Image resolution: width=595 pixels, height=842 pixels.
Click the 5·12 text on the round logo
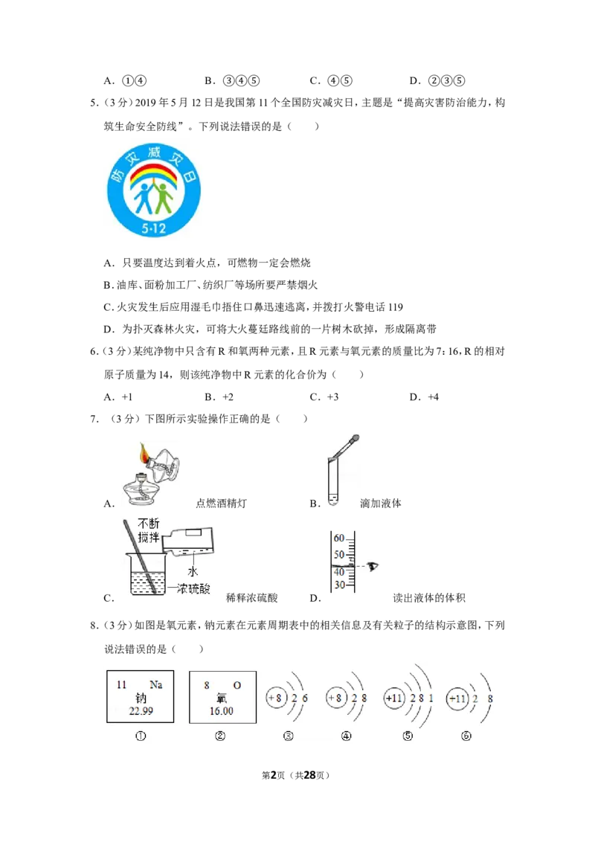pyautogui.click(x=153, y=228)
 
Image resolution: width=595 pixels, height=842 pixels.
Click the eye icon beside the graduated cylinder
pyautogui.click(x=372, y=566)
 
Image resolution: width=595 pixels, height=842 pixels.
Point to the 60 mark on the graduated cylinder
pyautogui.click(x=339, y=538)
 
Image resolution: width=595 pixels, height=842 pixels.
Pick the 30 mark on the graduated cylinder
pyautogui.click(x=339, y=585)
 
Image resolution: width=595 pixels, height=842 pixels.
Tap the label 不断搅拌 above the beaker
pyautogui.click(x=149, y=530)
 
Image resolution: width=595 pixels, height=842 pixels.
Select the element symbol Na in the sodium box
pyautogui.click(x=155, y=684)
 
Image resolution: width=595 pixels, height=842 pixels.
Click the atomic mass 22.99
pyautogui.click(x=141, y=711)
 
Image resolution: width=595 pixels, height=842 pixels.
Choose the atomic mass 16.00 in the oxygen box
pyautogui.click(x=221, y=711)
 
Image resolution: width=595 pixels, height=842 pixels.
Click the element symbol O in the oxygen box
pyautogui.click(x=237, y=685)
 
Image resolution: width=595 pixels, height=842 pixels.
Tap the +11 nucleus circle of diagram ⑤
pyautogui.click(x=394, y=698)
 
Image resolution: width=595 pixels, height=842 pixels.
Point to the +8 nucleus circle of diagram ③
pyautogui.click(x=276, y=698)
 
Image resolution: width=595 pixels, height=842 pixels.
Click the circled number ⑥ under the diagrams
pyautogui.click(x=466, y=736)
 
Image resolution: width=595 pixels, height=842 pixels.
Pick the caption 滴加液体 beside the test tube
pyautogui.click(x=380, y=503)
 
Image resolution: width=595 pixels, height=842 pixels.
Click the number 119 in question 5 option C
pyautogui.click(x=395, y=307)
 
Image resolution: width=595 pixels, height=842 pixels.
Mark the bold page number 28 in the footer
pyautogui.click(x=310, y=775)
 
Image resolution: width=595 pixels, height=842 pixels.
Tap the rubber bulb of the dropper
pyautogui.click(x=354, y=440)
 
